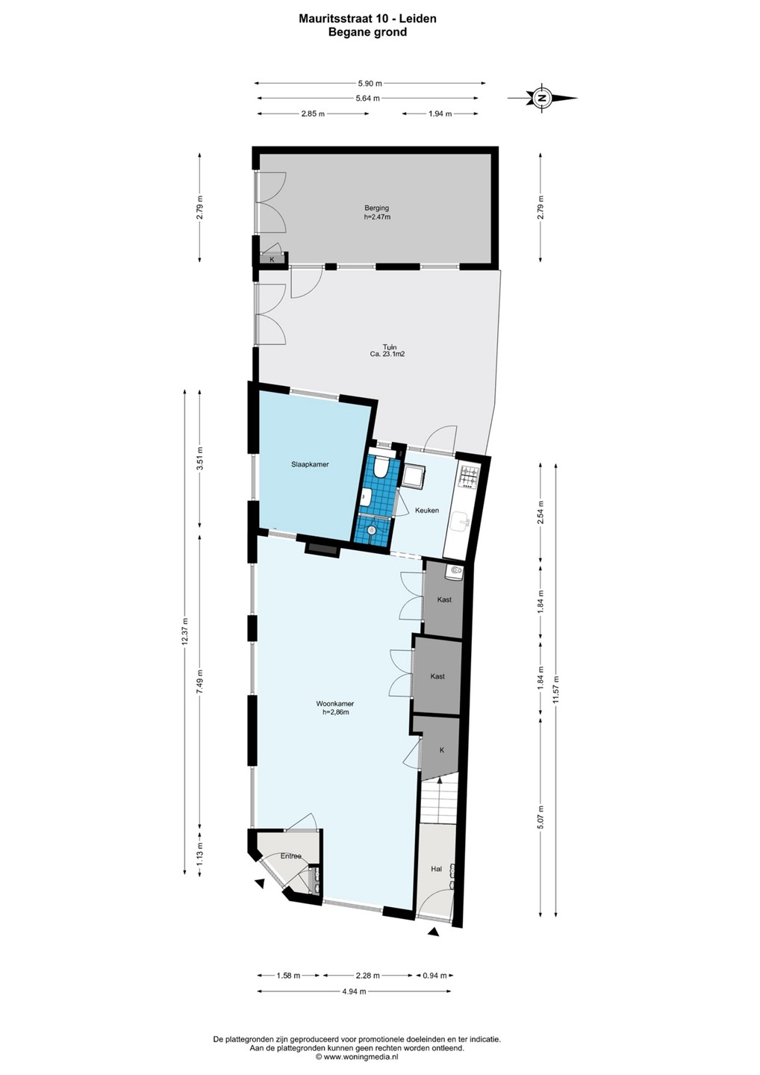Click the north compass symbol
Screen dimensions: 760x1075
point(542,98)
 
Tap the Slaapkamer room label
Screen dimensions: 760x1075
point(310,464)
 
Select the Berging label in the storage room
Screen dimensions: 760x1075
point(377,208)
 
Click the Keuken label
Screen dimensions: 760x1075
point(427,510)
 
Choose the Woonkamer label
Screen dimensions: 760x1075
point(335,704)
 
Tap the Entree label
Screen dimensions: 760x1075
point(290,856)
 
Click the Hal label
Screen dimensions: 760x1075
point(436,869)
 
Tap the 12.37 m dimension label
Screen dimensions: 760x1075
point(184,632)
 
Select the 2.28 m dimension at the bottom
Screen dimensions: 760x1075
point(368,975)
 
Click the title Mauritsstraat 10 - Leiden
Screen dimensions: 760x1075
point(367,19)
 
